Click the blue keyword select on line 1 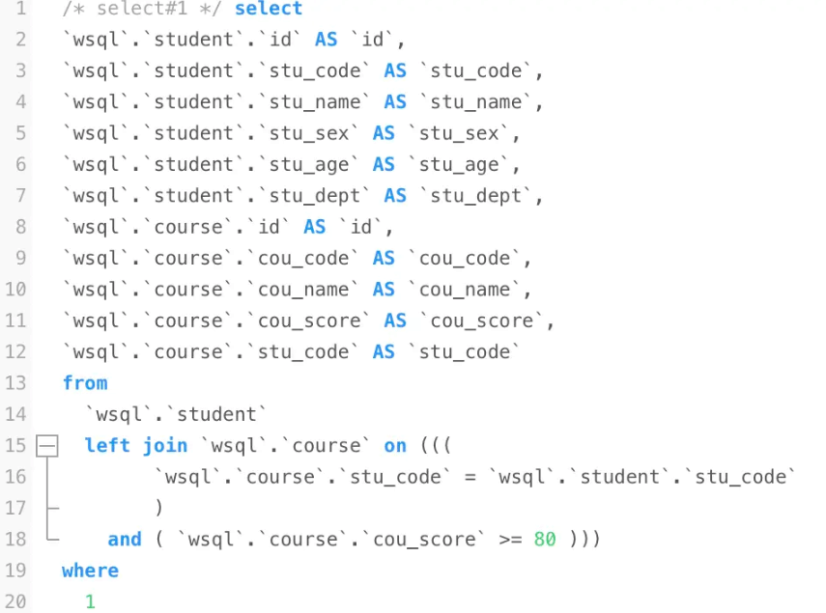click(x=269, y=9)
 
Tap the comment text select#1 click(x=142, y=9)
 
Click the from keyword click(x=85, y=383)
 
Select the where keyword click(x=90, y=571)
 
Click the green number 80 click(x=545, y=540)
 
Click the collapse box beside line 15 click(x=47, y=446)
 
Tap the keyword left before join click(x=107, y=446)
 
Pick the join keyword click(x=165, y=446)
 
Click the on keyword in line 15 click(x=395, y=446)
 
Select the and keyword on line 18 click(x=125, y=540)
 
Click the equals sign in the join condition click(x=470, y=477)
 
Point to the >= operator click(x=510, y=540)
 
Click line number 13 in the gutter click(x=15, y=383)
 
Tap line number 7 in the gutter click(x=20, y=196)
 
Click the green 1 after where click(x=90, y=601)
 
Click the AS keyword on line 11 click(x=395, y=320)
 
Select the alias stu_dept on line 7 click(x=475, y=196)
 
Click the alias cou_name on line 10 click(x=465, y=290)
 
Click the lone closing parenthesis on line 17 click(x=159, y=509)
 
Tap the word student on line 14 click(x=216, y=415)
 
